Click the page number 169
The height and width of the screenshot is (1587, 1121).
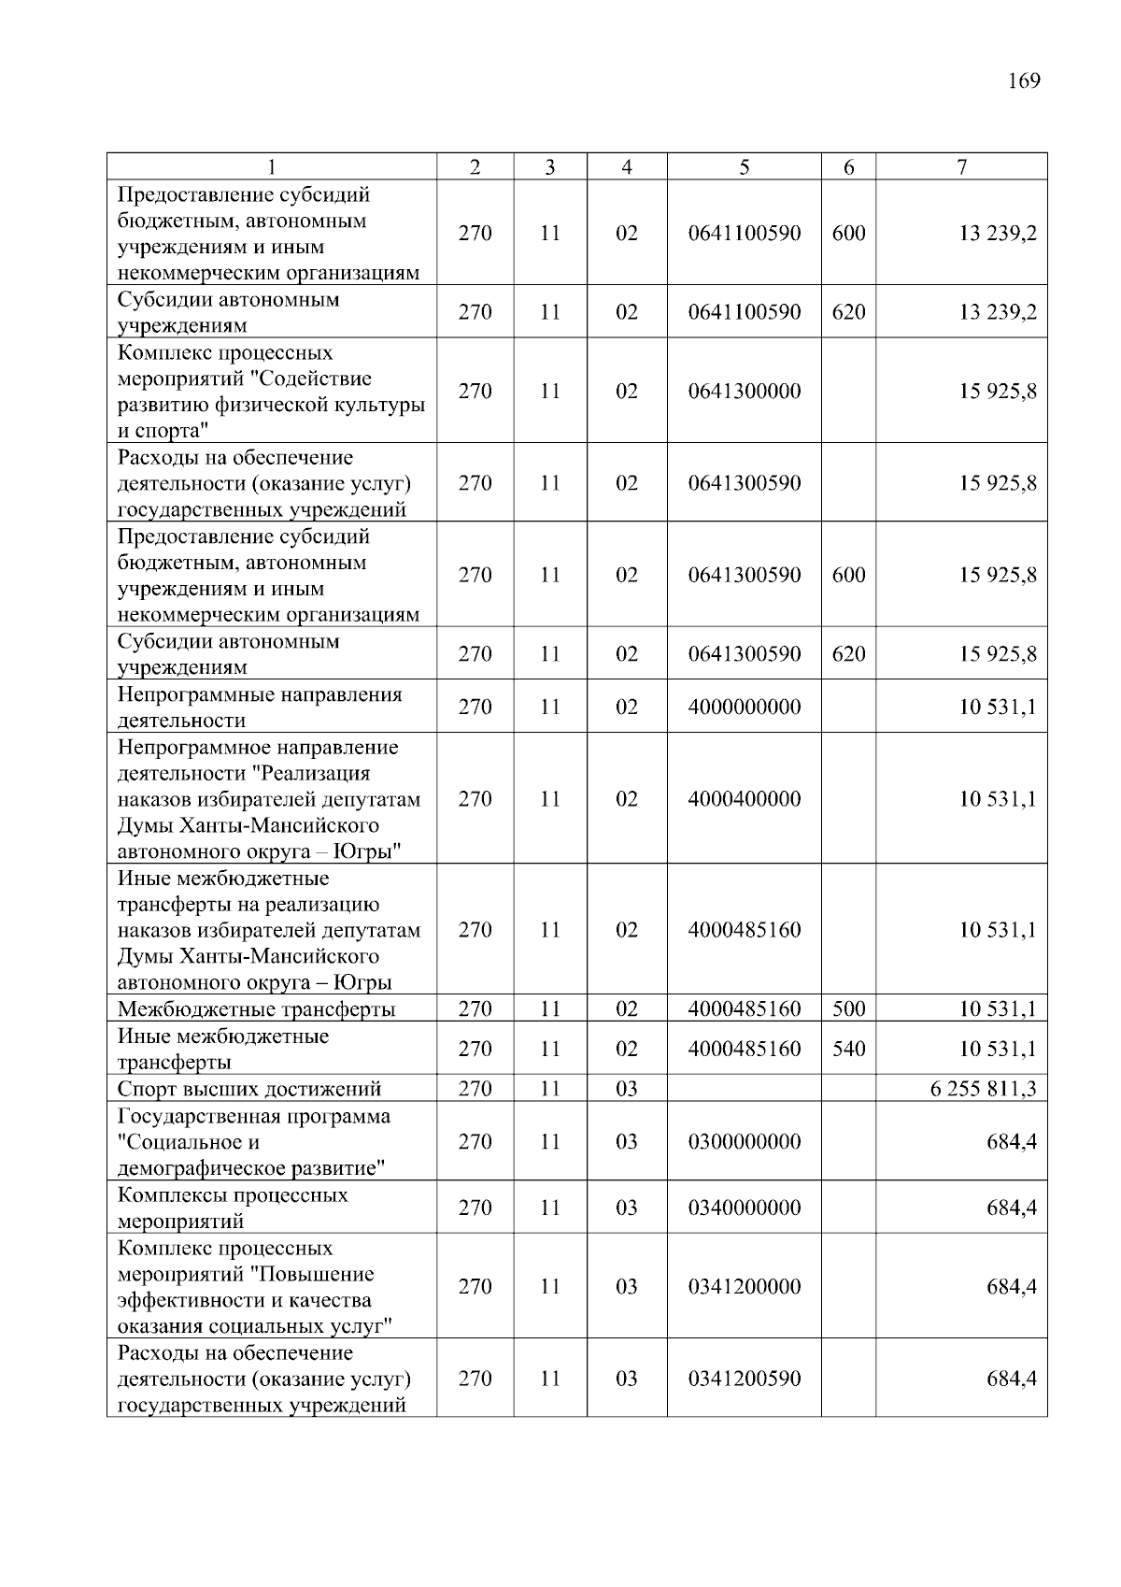tap(1024, 81)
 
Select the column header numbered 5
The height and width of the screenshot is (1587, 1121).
tap(744, 167)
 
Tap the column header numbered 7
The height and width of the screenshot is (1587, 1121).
tap(961, 167)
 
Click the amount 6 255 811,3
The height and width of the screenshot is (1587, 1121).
tap(983, 1089)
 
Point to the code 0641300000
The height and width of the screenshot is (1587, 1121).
tap(744, 391)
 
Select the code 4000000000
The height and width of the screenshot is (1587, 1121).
tap(744, 707)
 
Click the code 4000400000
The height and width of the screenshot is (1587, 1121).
tap(744, 799)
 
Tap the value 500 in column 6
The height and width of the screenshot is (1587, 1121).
tap(848, 1009)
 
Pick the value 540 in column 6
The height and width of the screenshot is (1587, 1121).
tap(848, 1049)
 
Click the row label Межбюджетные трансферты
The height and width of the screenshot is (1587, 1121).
tap(256, 1009)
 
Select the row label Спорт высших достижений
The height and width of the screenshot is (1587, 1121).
tap(248, 1089)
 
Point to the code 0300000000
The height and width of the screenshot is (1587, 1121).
tap(744, 1141)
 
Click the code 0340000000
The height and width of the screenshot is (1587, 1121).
tap(744, 1208)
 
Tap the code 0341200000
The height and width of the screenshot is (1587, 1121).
tap(744, 1286)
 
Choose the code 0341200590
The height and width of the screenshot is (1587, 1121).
tap(744, 1379)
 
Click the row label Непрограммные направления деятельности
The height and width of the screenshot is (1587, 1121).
tap(259, 708)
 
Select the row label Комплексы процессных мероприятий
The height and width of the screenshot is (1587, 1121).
tap(232, 1208)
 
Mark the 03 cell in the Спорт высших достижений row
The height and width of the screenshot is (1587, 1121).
tap(626, 1089)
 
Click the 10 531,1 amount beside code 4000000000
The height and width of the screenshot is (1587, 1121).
tap(998, 707)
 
